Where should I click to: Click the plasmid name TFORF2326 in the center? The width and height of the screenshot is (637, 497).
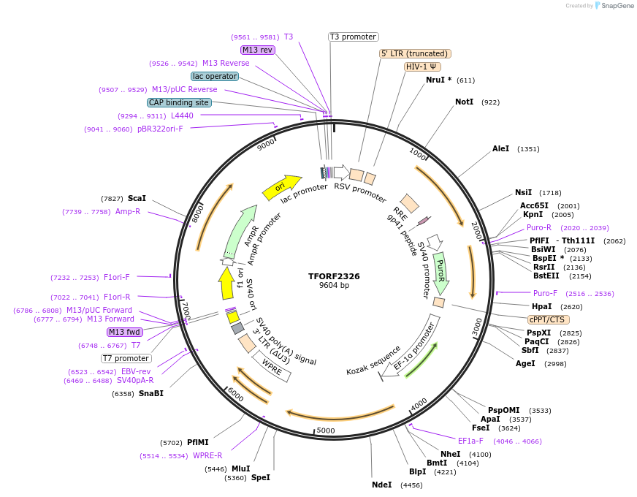coord(334,276)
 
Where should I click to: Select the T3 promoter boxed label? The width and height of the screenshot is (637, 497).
coord(353,37)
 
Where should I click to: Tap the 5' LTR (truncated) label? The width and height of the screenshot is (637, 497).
coord(415,53)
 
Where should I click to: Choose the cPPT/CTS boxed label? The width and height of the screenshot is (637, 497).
coord(548,319)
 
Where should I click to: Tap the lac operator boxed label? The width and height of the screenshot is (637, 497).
coord(214,76)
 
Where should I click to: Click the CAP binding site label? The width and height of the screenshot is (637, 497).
coord(179,102)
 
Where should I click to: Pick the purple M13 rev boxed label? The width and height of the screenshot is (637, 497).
coord(257,50)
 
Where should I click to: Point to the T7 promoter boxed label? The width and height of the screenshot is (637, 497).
coord(126,358)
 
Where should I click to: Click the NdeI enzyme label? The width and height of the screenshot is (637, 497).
coord(381,485)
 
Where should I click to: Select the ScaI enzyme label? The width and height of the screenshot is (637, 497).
coord(137,198)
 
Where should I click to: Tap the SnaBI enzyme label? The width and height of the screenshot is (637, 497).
coord(150,393)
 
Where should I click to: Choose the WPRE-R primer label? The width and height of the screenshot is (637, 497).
coord(207,455)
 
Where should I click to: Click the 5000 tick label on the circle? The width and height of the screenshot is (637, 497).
coord(325,430)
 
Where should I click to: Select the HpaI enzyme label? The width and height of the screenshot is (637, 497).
coord(541,306)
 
